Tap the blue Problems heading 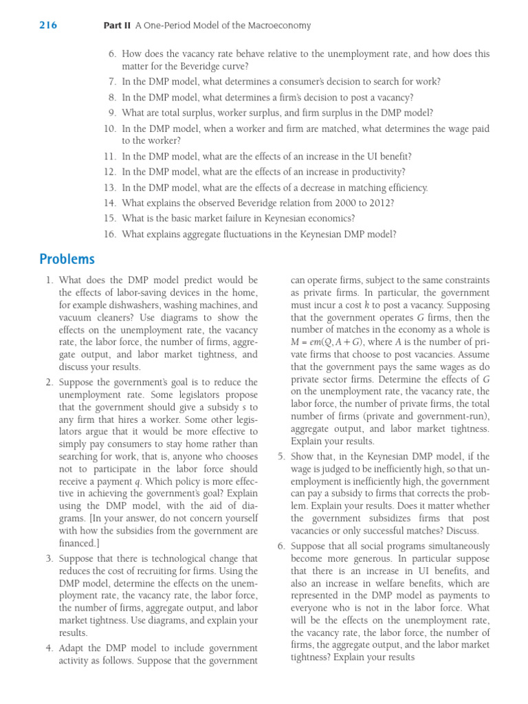(67, 259)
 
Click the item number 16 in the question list (110, 234)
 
